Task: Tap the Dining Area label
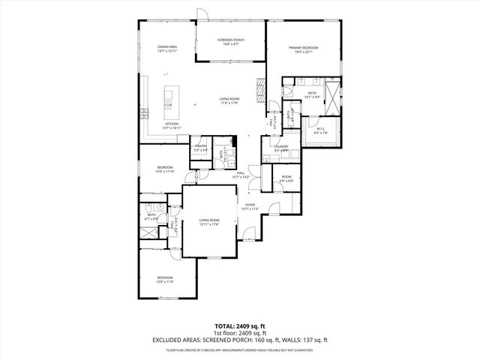167,47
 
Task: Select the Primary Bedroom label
304,47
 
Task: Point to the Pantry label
201,146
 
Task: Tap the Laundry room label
281,147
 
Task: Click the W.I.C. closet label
320,128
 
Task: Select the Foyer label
250,204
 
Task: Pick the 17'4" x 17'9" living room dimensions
229,103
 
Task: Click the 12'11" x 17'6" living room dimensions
208,224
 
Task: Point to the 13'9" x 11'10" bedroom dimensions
164,172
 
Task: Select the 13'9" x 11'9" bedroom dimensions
164,282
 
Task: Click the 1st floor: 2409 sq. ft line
239,332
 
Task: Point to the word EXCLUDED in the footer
168,340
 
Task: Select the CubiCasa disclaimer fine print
239,349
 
